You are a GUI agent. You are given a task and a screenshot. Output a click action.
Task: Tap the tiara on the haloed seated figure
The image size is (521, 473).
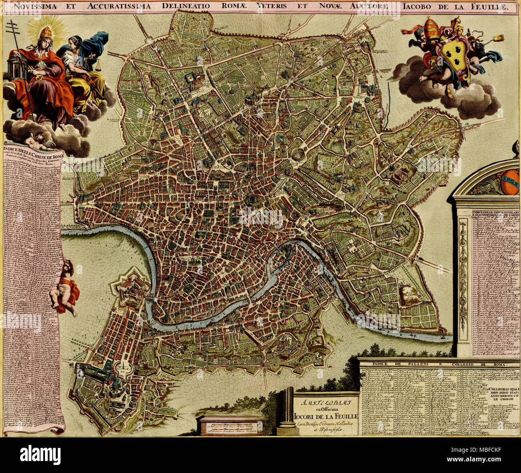click(48, 31)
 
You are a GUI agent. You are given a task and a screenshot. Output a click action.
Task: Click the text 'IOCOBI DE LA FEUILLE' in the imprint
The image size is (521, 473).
click(326, 415)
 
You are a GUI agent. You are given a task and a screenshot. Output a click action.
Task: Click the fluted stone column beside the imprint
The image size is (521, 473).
click(287, 411)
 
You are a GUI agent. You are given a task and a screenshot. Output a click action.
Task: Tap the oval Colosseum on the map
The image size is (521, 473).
click(299, 154)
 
